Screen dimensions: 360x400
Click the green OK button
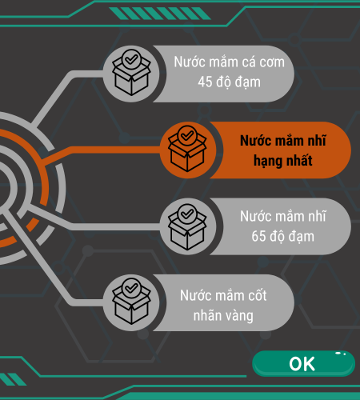(x=303, y=363)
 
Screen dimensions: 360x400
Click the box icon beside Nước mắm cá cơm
(x=131, y=74)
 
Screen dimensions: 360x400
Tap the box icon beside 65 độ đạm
(x=188, y=226)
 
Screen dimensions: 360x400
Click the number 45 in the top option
(x=205, y=82)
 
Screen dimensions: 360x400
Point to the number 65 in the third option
(x=258, y=236)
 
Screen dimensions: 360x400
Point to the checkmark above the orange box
(x=187, y=136)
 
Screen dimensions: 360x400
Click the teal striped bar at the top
(x=160, y=14)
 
